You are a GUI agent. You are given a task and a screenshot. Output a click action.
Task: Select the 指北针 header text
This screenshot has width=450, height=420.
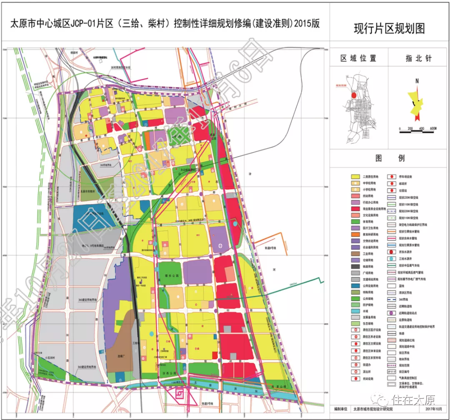[418, 58]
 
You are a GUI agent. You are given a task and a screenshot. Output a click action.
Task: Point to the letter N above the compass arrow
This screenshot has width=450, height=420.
[417, 81]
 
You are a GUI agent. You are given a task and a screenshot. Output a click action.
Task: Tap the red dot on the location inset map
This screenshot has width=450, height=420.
[354, 95]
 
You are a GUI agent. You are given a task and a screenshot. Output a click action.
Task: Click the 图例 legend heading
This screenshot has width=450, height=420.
[390, 158]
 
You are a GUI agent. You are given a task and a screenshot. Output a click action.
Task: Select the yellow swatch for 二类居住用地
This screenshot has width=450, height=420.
[355, 176]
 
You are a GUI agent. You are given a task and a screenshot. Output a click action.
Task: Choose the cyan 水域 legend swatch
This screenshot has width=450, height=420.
[355, 311]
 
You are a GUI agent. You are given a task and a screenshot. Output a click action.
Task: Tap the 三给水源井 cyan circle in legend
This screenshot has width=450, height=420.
[392, 259]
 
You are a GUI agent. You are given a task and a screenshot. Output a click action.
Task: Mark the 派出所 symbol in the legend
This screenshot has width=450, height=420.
[355, 371]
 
